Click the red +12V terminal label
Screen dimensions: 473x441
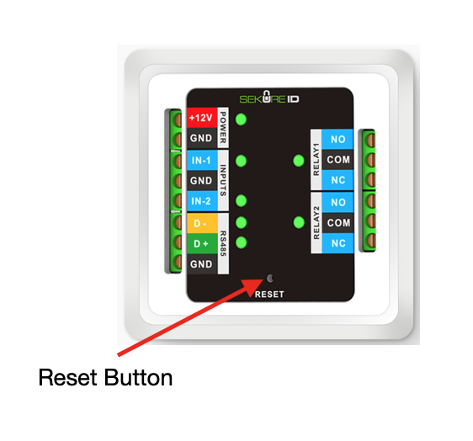[202, 118]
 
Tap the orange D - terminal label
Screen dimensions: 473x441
[202, 223]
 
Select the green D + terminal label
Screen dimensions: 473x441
[202, 243]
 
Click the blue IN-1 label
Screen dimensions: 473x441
[202, 160]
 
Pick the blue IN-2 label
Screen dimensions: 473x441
[202, 201]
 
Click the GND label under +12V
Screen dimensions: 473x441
[202, 138]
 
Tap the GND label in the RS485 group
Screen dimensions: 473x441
[202, 264]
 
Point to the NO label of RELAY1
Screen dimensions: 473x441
[337, 140]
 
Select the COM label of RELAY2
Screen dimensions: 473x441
[337, 223]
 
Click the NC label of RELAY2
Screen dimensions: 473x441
[337, 243]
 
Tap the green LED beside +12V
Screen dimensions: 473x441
[241, 120]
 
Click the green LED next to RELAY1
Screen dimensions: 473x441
[299, 161]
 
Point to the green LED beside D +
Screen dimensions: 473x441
[241, 242]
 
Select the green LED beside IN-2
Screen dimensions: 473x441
[241, 200]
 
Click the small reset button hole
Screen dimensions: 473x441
[269, 279]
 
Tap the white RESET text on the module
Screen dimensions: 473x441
[269, 295]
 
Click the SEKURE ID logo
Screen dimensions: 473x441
[269, 98]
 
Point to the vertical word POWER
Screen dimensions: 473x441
[223, 128]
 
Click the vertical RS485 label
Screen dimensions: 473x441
[223, 243]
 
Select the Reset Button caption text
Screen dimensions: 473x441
[105, 378]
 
